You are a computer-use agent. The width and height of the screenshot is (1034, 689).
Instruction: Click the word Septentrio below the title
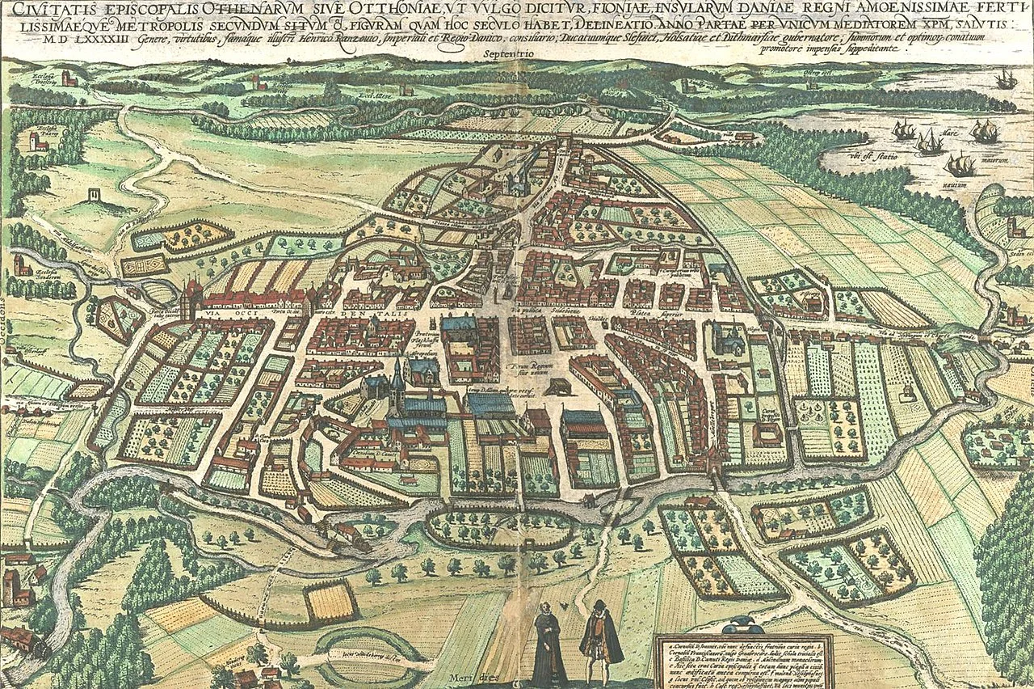click(x=512, y=54)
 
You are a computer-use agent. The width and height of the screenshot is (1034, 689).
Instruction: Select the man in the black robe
click(x=550, y=644)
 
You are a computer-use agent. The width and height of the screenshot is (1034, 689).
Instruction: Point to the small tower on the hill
click(x=96, y=195)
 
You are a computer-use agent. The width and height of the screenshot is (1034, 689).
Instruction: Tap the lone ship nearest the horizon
click(x=1006, y=79)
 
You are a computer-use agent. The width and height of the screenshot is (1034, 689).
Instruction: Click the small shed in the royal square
click(x=555, y=387)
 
